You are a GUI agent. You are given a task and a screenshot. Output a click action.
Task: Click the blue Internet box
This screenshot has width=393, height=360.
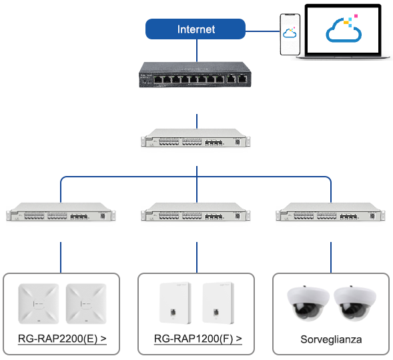tap(195, 29)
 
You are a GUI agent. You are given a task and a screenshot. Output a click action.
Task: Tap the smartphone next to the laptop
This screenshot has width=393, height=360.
tap(290, 34)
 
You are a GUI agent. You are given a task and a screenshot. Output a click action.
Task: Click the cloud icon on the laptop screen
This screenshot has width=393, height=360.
tap(344, 29)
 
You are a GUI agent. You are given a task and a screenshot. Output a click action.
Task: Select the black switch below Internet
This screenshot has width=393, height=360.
tap(195, 75)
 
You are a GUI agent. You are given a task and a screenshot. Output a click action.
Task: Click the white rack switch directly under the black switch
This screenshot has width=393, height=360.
tap(195, 138)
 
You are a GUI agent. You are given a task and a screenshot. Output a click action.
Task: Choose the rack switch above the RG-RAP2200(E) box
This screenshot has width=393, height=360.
tap(61, 212)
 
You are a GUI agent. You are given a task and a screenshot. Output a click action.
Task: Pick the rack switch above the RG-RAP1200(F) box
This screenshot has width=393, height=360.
tap(195, 212)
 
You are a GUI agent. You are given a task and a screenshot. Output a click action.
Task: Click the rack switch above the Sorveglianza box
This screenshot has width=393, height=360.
tap(330, 212)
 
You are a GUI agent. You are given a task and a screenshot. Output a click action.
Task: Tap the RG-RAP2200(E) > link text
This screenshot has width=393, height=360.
tap(62, 339)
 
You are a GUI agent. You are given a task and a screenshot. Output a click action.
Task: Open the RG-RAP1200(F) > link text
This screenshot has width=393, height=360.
tap(198, 339)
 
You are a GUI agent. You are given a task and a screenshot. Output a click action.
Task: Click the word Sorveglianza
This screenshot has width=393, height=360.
tap(331, 339)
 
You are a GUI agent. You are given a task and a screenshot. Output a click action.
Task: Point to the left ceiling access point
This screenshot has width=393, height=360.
tap(39, 304)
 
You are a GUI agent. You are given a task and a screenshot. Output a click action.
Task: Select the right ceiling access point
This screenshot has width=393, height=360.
tap(86, 304)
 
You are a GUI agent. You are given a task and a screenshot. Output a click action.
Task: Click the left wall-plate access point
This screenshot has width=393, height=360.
tap(175, 303)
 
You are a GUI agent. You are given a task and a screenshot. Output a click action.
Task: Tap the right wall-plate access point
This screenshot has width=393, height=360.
tap(218, 303)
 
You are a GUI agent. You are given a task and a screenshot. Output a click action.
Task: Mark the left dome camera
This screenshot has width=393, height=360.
tap(308, 303)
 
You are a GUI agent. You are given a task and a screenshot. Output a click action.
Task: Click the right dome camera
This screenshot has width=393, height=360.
tap(355, 303)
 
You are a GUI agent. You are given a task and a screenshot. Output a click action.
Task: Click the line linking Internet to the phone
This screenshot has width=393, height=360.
tap(262, 31)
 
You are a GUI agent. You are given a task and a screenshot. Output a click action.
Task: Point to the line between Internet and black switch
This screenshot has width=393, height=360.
tap(197, 51)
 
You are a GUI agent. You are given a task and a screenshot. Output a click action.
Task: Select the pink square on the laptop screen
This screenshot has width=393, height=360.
tap(356, 16)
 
